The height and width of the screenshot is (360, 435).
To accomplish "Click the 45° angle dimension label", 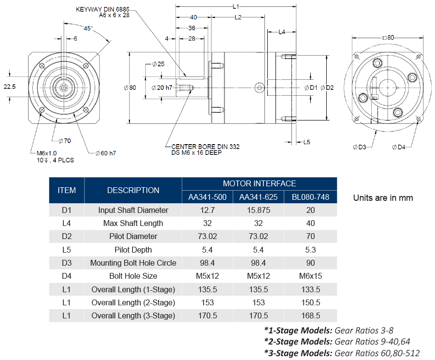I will pyautogui.click(x=88, y=28).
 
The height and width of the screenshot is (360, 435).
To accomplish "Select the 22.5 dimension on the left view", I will pyautogui.click(x=10, y=87).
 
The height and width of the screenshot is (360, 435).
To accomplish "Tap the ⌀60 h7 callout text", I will pyautogui.click(x=105, y=153).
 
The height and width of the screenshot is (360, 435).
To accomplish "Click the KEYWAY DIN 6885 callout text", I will pyautogui.click(x=99, y=9).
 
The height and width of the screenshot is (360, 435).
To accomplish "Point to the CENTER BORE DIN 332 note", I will pyautogui.click(x=202, y=146).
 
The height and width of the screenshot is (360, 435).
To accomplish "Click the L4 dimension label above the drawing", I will pyautogui.click(x=282, y=32).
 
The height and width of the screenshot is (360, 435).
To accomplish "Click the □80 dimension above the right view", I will pyautogui.click(x=388, y=37).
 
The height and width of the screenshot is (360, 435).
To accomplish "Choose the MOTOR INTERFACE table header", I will pyautogui.click(x=259, y=183).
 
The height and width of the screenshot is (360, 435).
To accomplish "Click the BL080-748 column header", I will pyautogui.click(x=310, y=197).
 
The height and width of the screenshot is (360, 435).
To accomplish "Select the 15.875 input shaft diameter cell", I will pyautogui.click(x=259, y=210).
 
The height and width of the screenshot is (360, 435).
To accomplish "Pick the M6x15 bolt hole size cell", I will pyautogui.click(x=310, y=276).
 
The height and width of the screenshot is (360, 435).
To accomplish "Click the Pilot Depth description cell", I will pyautogui.click(x=133, y=250).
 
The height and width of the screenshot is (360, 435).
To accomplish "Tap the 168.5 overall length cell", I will pyautogui.click(x=310, y=315).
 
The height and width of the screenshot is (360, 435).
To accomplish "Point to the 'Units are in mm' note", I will pyautogui.click(x=383, y=197).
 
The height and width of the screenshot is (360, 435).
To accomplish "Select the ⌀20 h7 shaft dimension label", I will pyautogui.click(x=161, y=88).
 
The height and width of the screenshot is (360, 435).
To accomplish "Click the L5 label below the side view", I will pyautogui.click(x=306, y=142).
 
